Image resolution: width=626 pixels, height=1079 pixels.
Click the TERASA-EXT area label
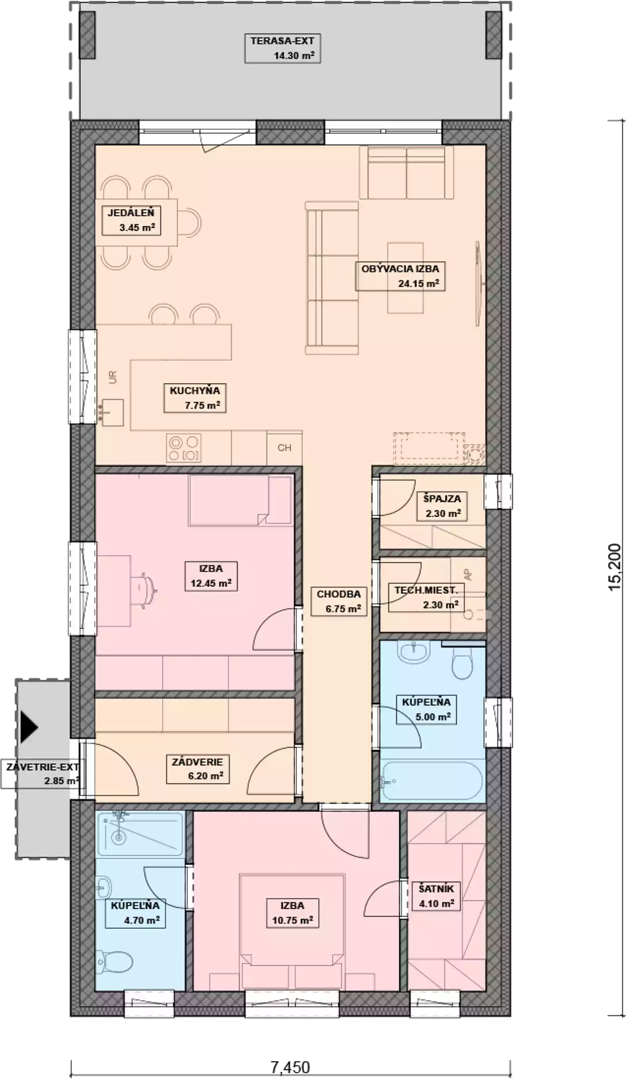tap(282, 49)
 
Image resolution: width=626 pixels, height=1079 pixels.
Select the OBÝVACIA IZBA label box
tap(400, 276)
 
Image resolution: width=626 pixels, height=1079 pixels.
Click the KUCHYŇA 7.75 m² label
tap(195, 398)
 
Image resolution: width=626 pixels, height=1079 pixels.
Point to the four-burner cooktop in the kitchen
tap(183, 448)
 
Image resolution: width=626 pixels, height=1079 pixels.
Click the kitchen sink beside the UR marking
tap(112, 412)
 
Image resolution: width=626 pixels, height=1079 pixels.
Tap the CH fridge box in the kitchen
tap(284, 448)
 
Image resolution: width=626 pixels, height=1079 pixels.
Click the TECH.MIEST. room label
tap(426, 597)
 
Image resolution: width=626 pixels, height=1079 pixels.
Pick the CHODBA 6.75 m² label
tap(339, 601)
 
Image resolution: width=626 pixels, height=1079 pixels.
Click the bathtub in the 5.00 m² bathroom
tap(432, 780)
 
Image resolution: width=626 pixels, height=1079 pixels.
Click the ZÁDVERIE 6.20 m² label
tap(198, 770)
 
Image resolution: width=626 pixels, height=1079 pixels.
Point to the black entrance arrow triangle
tap(29, 727)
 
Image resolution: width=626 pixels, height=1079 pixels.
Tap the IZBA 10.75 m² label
tap(292, 913)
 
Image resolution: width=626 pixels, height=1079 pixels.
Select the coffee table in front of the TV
tap(405, 278)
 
